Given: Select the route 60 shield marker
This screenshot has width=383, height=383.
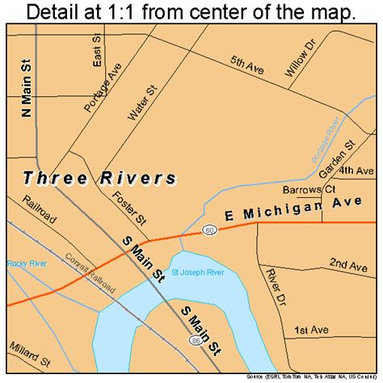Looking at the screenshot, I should pyautogui.click(x=209, y=232).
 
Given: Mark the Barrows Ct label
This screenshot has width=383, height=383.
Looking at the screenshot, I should pyautogui.click(x=309, y=190).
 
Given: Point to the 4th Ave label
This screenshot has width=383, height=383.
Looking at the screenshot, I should pyautogui.click(x=356, y=172).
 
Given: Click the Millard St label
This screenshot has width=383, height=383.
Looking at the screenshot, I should pyautogui.click(x=27, y=357).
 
